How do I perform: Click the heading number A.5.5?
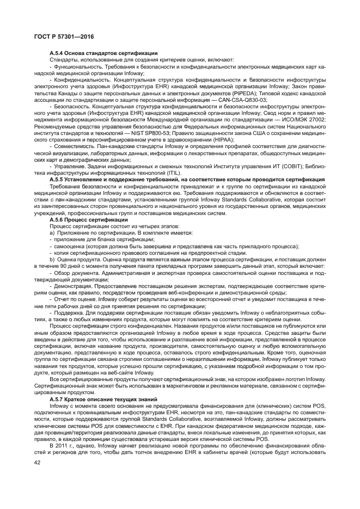pos(58,179)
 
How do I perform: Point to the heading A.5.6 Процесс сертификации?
pos(89,219)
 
